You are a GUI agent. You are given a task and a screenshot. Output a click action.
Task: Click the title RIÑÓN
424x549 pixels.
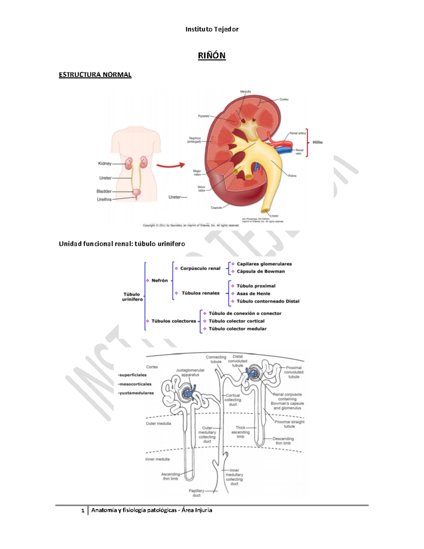point(212,56)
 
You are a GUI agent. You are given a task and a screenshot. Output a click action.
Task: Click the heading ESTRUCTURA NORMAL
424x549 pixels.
point(95,75)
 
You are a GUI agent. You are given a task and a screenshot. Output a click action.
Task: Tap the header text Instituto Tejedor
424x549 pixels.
point(212,29)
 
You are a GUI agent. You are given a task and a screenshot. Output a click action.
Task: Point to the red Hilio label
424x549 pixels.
point(317,142)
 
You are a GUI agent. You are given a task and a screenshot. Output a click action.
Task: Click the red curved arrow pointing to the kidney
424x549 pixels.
point(171,165)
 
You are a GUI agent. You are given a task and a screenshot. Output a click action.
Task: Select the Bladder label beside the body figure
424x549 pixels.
point(104,191)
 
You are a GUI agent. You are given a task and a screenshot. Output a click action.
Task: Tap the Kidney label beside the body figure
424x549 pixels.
point(105,163)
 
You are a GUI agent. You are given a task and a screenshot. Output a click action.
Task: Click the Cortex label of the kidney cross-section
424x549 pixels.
point(284,99)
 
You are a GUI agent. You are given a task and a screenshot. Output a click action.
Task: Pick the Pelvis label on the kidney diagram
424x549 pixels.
point(292,176)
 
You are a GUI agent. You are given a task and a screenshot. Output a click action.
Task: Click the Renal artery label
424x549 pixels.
point(298,133)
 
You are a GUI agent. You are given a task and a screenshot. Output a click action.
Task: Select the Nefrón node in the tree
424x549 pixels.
point(159,280)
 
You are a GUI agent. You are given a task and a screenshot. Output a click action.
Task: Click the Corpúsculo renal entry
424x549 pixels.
point(200,268)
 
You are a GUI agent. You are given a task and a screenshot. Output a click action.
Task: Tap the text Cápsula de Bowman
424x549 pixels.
point(260,271)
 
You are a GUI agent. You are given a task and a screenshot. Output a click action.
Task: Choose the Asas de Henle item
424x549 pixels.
point(253,293)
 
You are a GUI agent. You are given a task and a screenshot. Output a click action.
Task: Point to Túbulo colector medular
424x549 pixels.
point(237,329)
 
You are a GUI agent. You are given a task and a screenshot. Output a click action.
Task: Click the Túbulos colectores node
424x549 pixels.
point(173,321)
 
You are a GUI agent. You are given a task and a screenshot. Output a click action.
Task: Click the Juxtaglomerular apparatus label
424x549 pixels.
point(190,372)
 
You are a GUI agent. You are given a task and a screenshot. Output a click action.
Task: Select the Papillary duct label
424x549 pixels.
point(196,493)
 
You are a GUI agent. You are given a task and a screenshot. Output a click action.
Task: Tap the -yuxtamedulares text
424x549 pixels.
point(136,393)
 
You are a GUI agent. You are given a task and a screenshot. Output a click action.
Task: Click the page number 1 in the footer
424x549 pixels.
point(83,510)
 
